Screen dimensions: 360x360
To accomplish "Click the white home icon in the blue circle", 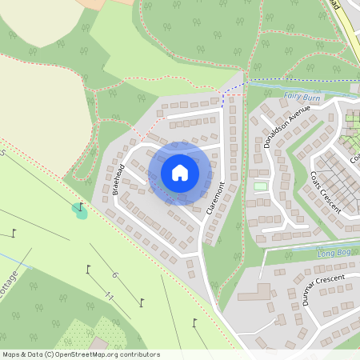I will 179,172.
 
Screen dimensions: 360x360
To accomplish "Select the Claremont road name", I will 214,202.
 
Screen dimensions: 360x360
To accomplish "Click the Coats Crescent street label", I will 326,193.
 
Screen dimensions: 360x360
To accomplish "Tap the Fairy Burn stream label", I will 301,96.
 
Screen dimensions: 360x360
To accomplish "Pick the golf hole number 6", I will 114,275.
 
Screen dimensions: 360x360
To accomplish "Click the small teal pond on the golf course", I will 79,211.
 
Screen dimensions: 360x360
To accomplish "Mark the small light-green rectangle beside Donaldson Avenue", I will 258,186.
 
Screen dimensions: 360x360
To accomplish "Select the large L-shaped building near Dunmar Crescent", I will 252,293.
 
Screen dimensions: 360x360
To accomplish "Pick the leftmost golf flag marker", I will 15,234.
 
